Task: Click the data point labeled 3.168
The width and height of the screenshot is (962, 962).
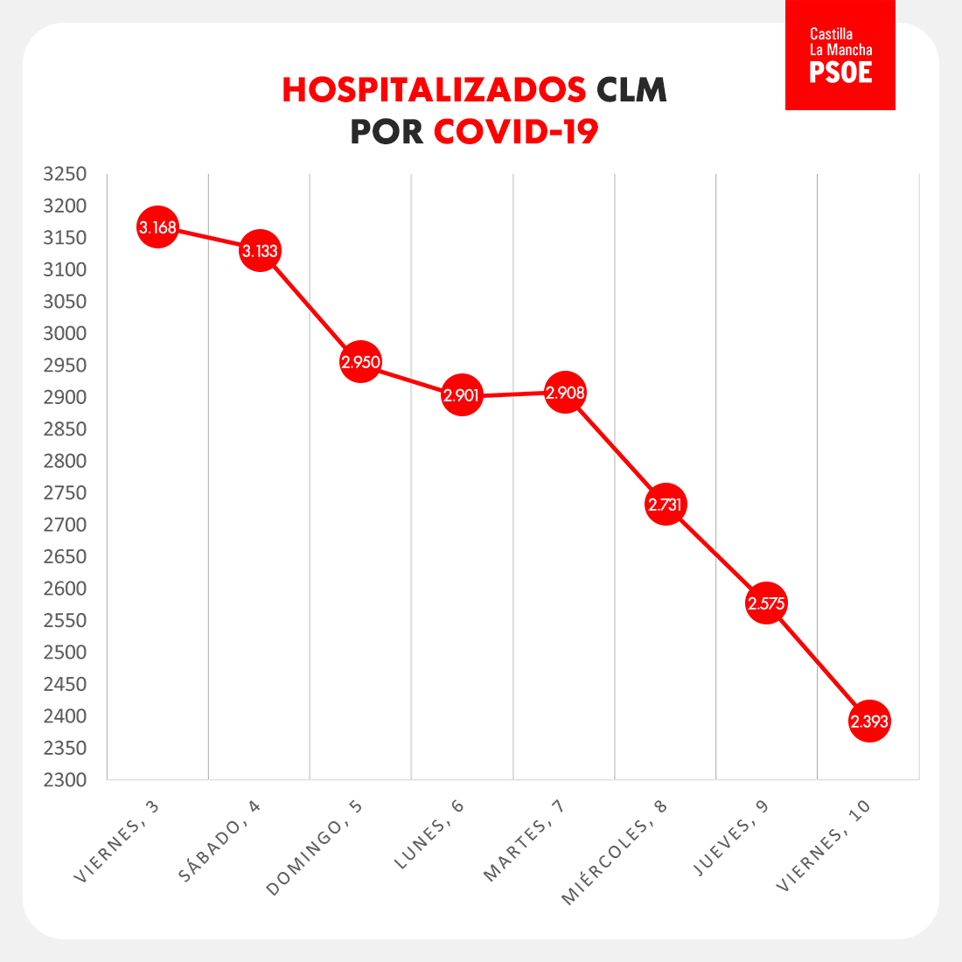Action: [157, 228]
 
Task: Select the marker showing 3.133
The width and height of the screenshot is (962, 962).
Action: [260, 252]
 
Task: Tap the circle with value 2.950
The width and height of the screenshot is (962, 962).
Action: [360, 362]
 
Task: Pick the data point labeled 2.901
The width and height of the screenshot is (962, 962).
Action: [462, 395]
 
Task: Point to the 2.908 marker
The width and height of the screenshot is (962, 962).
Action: [565, 394]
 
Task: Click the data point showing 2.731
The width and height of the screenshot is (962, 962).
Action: [666, 505]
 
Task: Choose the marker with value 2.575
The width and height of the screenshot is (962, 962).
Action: [766, 603]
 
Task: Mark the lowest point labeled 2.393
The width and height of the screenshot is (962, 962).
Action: [869, 721]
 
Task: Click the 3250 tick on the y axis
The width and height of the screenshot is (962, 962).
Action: [66, 174]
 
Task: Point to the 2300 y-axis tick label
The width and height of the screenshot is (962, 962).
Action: [66, 779]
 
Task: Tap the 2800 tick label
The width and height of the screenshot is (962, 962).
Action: [66, 461]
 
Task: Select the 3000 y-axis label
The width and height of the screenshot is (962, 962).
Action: [66, 333]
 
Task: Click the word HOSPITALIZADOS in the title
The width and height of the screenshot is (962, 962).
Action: [434, 90]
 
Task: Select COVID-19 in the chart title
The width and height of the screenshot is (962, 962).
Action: [516, 132]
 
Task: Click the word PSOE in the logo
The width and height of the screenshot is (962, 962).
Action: [840, 72]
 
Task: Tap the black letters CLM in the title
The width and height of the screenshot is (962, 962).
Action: [631, 90]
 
